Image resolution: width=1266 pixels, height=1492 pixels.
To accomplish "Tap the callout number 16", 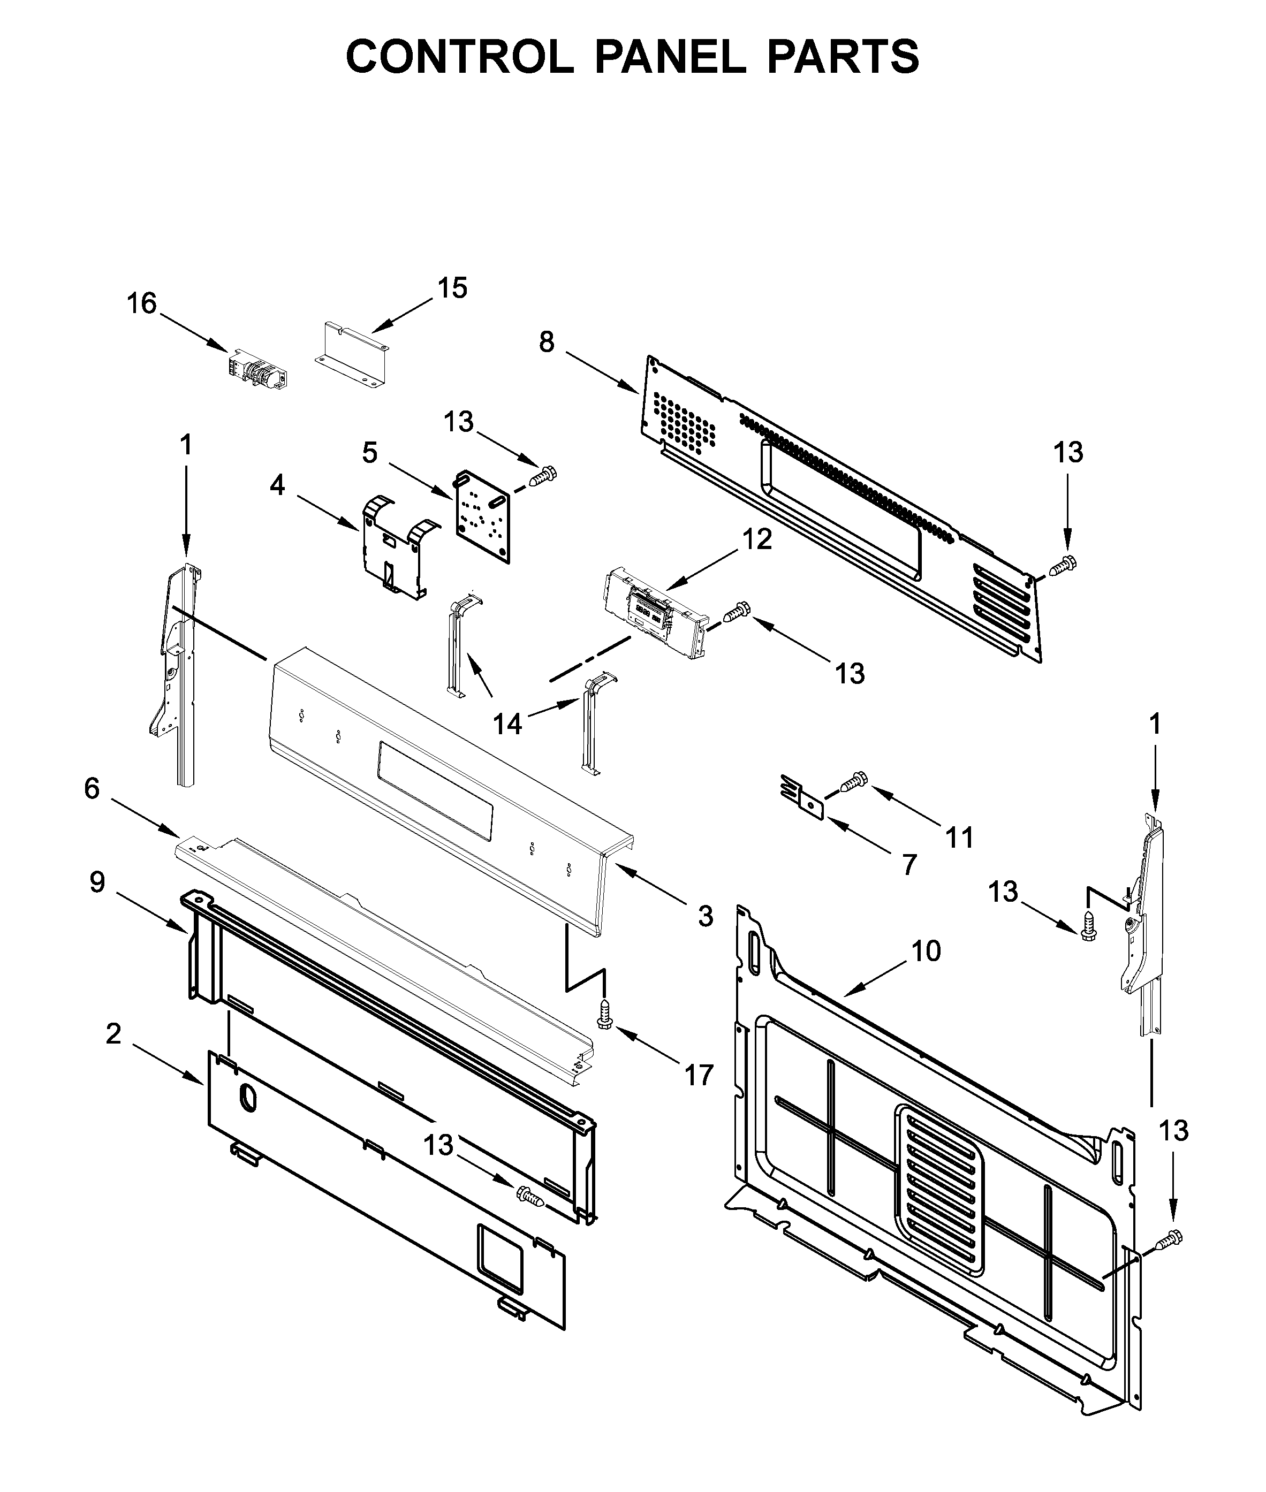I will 141,303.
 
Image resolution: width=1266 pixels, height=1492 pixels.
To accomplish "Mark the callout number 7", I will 909,865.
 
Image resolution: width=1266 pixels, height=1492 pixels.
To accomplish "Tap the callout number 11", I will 960,837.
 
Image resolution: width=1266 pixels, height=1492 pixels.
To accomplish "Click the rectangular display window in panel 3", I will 435,791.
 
